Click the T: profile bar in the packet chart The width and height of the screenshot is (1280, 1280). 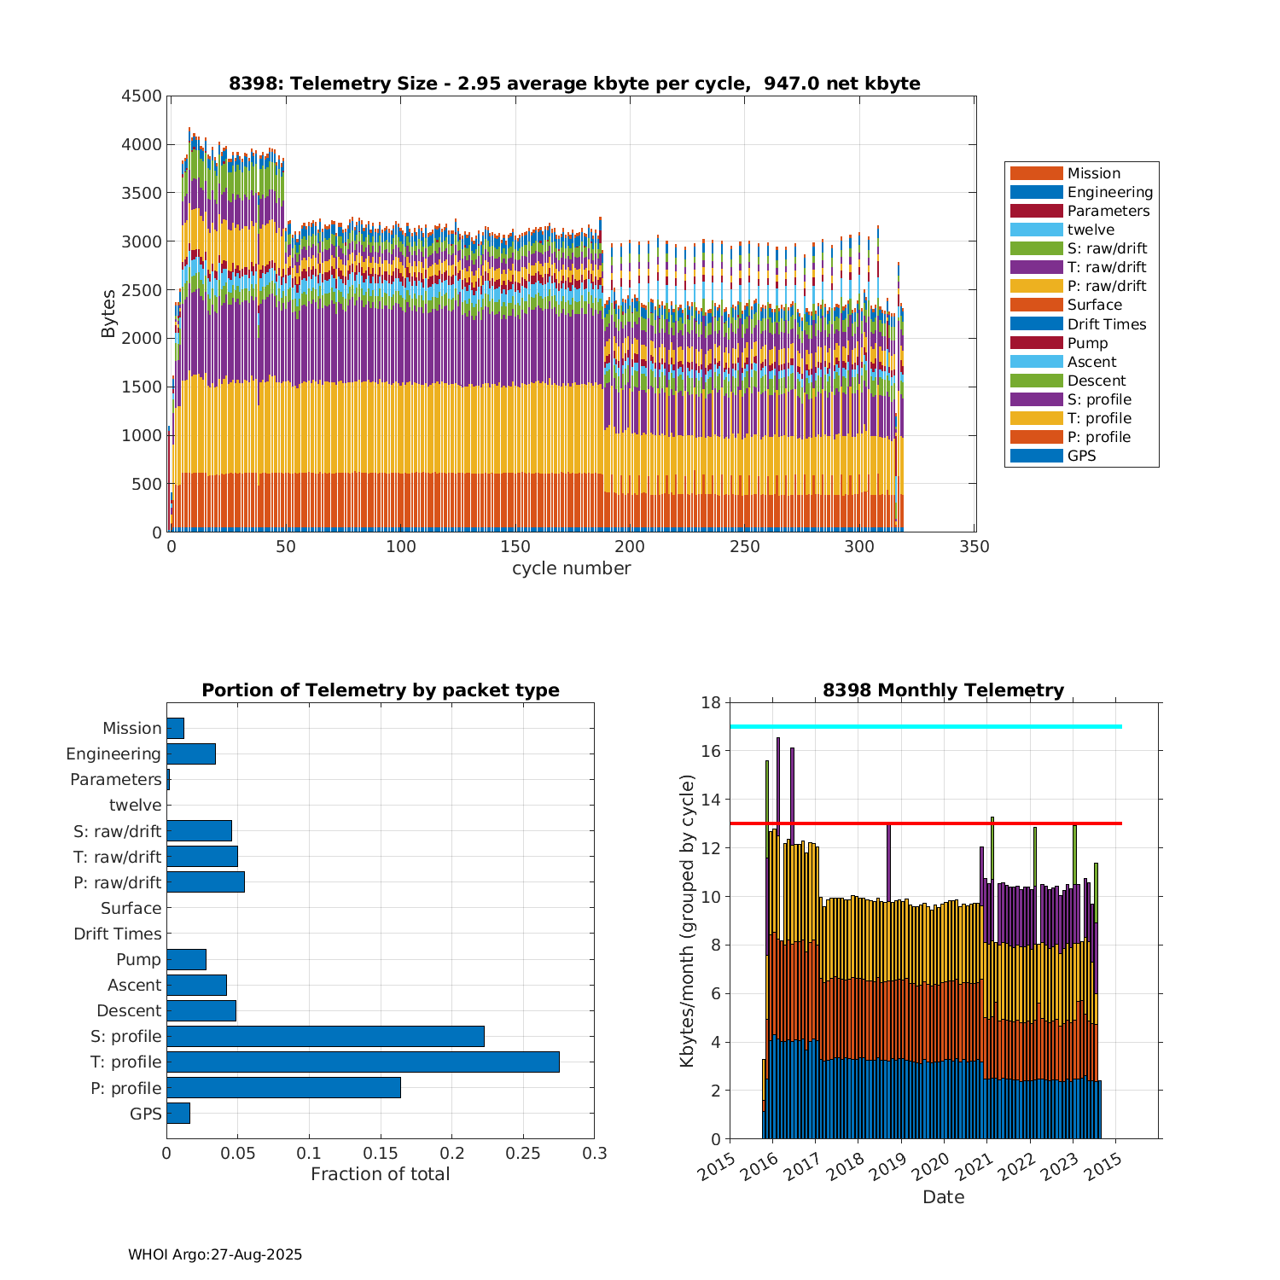click(x=363, y=1062)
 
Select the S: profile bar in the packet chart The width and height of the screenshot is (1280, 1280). click(x=325, y=1036)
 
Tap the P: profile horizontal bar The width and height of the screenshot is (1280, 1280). click(x=283, y=1088)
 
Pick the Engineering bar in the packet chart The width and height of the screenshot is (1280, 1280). click(x=191, y=753)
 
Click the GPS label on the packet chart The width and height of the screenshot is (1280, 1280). click(x=145, y=1114)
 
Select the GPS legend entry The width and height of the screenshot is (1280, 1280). click(x=1081, y=456)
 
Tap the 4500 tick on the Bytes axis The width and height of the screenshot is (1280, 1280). click(x=141, y=96)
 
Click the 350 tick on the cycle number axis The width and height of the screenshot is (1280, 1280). click(x=975, y=547)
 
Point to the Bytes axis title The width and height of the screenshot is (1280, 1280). click(x=108, y=314)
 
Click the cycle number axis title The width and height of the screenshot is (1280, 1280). click(x=571, y=568)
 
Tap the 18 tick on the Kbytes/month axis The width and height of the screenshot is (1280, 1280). click(x=710, y=702)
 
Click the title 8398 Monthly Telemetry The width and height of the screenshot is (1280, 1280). click(x=943, y=690)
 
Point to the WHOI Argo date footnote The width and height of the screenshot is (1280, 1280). click(x=215, y=1254)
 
